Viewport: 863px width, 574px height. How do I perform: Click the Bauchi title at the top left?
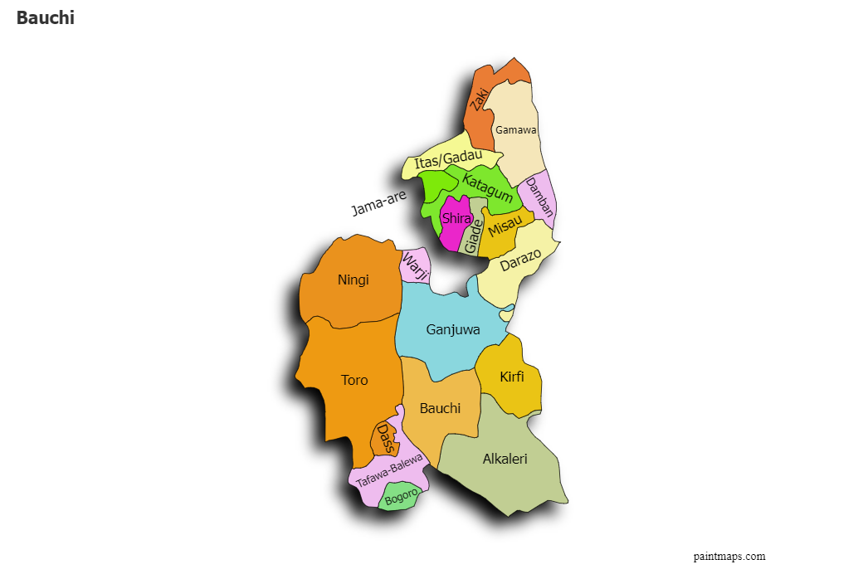(45, 18)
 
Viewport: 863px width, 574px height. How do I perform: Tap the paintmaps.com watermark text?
(729, 557)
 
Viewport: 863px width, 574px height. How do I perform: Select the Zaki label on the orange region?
(479, 100)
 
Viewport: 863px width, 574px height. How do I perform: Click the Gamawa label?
(515, 130)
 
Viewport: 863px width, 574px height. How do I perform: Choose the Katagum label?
(487, 187)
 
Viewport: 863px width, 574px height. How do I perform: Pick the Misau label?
(505, 225)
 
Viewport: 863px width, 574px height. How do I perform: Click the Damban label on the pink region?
(539, 197)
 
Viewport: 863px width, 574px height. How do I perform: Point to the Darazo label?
(520, 259)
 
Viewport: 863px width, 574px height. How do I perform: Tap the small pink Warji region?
(415, 265)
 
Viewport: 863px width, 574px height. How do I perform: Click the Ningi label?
(353, 280)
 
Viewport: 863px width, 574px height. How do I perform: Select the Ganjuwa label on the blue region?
(453, 329)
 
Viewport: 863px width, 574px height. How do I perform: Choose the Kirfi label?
(512, 377)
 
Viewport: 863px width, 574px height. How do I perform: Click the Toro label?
(354, 380)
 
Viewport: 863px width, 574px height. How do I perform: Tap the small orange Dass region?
(384, 438)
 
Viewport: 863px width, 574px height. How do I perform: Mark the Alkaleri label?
(505, 459)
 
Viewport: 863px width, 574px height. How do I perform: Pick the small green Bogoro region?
(401, 498)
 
